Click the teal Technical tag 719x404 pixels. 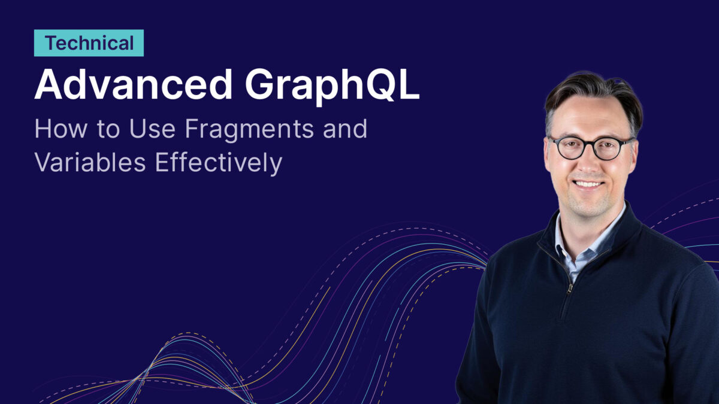pyautogui.click(x=89, y=43)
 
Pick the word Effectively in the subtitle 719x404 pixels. pyautogui.click(x=219, y=163)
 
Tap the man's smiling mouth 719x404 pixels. pyautogui.click(x=588, y=184)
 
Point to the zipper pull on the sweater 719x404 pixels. pyautogui.click(x=569, y=288)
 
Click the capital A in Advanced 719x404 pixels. pyautogui.click(x=48, y=84)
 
